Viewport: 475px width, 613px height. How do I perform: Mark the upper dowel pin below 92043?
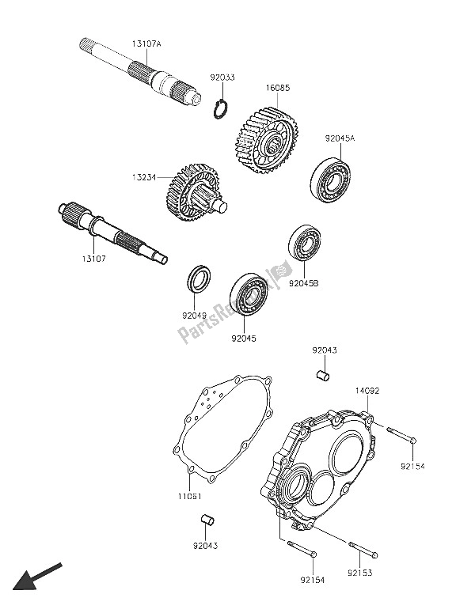(322, 374)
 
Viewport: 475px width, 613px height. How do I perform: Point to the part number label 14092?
(366, 390)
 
